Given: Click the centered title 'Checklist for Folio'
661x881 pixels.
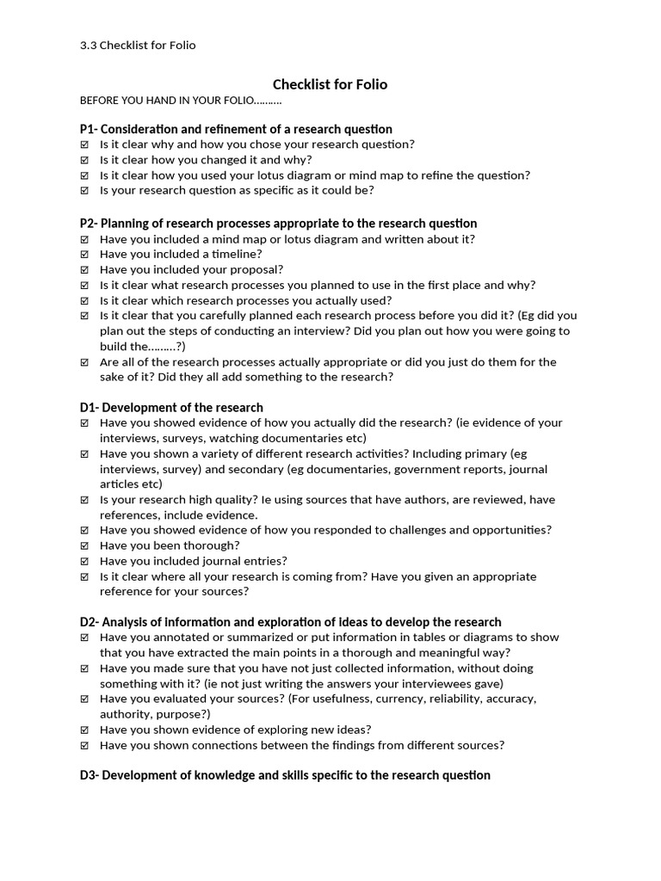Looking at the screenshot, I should (x=330, y=84).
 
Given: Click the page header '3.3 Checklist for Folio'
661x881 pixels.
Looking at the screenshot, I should (x=138, y=45).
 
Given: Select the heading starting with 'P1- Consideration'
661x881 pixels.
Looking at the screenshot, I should (x=236, y=129).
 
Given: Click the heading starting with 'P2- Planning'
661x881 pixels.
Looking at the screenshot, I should (x=278, y=223).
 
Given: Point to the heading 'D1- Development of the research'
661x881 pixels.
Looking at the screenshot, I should (x=171, y=407).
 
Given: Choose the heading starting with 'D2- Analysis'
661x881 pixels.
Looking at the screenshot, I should (x=290, y=621).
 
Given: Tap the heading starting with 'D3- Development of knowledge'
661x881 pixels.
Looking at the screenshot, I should (x=285, y=775).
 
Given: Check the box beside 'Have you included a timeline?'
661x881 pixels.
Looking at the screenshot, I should (x=84, y=255).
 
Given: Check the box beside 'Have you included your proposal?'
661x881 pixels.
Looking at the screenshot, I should (x=84, y=270).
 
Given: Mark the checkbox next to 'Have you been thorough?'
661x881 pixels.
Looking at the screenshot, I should (x=84, y=545).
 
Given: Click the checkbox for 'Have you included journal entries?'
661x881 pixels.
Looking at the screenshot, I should (x=84, y=561).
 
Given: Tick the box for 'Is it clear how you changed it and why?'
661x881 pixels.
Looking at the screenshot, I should (x=84, y=160).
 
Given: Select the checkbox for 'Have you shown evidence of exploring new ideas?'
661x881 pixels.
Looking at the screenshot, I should (x=84, y=730).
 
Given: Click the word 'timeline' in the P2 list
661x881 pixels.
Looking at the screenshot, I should (x=233, y=254).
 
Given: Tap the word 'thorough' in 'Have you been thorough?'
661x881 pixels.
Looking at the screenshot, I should (x=212, y=545).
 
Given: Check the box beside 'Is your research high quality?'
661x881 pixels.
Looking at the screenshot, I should (x=84, y=500).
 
